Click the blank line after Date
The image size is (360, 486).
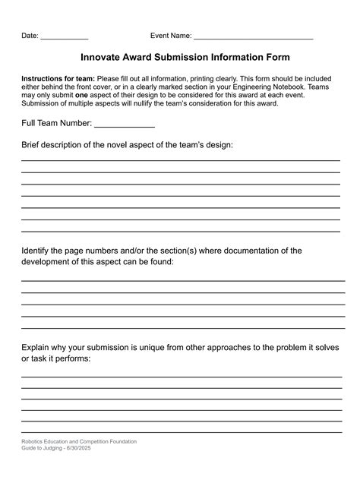pos(64,38)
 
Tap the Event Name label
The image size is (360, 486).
pos(171,36)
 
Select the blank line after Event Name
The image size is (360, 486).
pos(254,38)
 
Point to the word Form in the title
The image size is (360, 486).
pos(277,57)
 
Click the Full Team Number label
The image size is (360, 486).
pos(56,123)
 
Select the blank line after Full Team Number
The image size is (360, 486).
pos(124,125)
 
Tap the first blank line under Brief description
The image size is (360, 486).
pos(180,160)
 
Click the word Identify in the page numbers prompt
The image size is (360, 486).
pos(37,250)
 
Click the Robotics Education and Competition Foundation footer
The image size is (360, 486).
pos(79,441)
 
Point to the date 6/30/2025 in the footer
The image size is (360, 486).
pos(86,448)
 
